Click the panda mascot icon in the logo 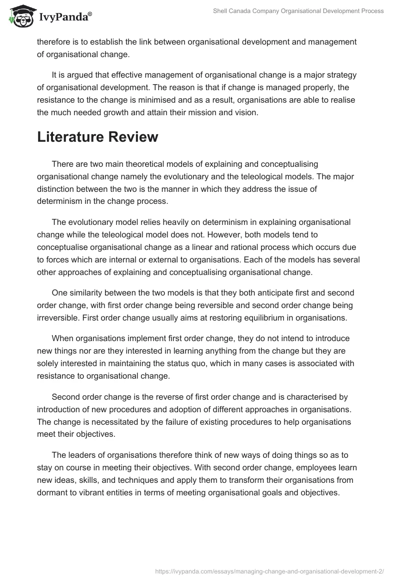click(x=20, y=17)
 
